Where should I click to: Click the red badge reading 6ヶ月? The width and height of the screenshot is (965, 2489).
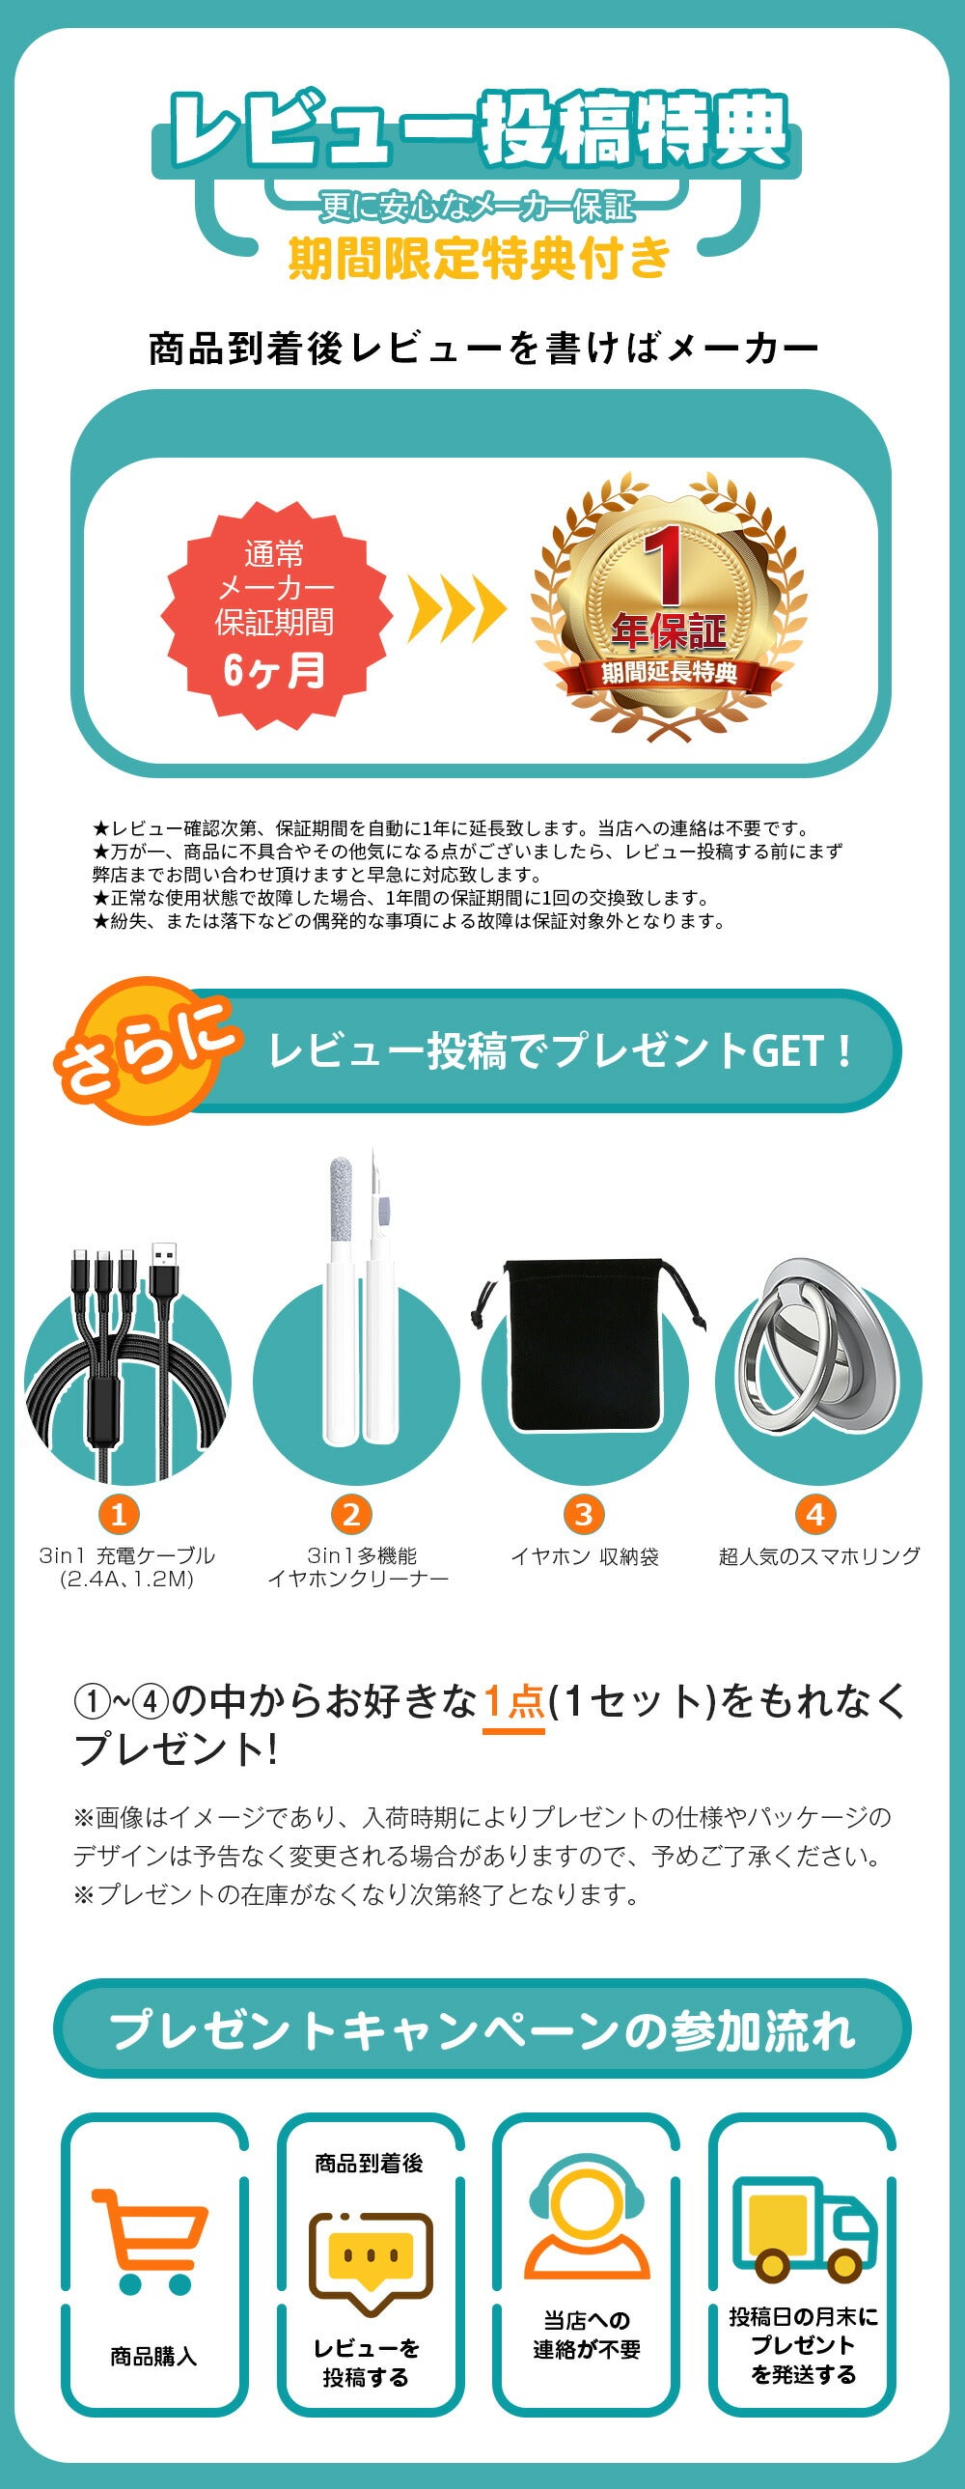[x=275, y=614]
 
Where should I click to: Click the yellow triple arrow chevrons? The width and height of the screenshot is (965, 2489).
[x=456, y=608]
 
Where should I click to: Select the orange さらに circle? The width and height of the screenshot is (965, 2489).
[x=145, y=1050]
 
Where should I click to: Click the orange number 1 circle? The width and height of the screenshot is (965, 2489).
[x=119, y=1514]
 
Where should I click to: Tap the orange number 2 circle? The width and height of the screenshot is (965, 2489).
[x=351, y=1514]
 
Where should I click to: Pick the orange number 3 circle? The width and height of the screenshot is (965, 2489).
[x=584, y=1514]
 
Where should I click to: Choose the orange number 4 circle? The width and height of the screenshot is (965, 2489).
[x=816, y=1514]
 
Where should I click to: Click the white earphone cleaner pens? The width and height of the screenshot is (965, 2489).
[x=359, y=1300]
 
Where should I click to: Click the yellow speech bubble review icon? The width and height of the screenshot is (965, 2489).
[x=369, y=2262]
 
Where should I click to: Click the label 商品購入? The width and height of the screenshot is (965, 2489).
[x=152, y=2357]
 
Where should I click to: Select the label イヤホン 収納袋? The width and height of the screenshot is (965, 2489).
[x=585, y=1556]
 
